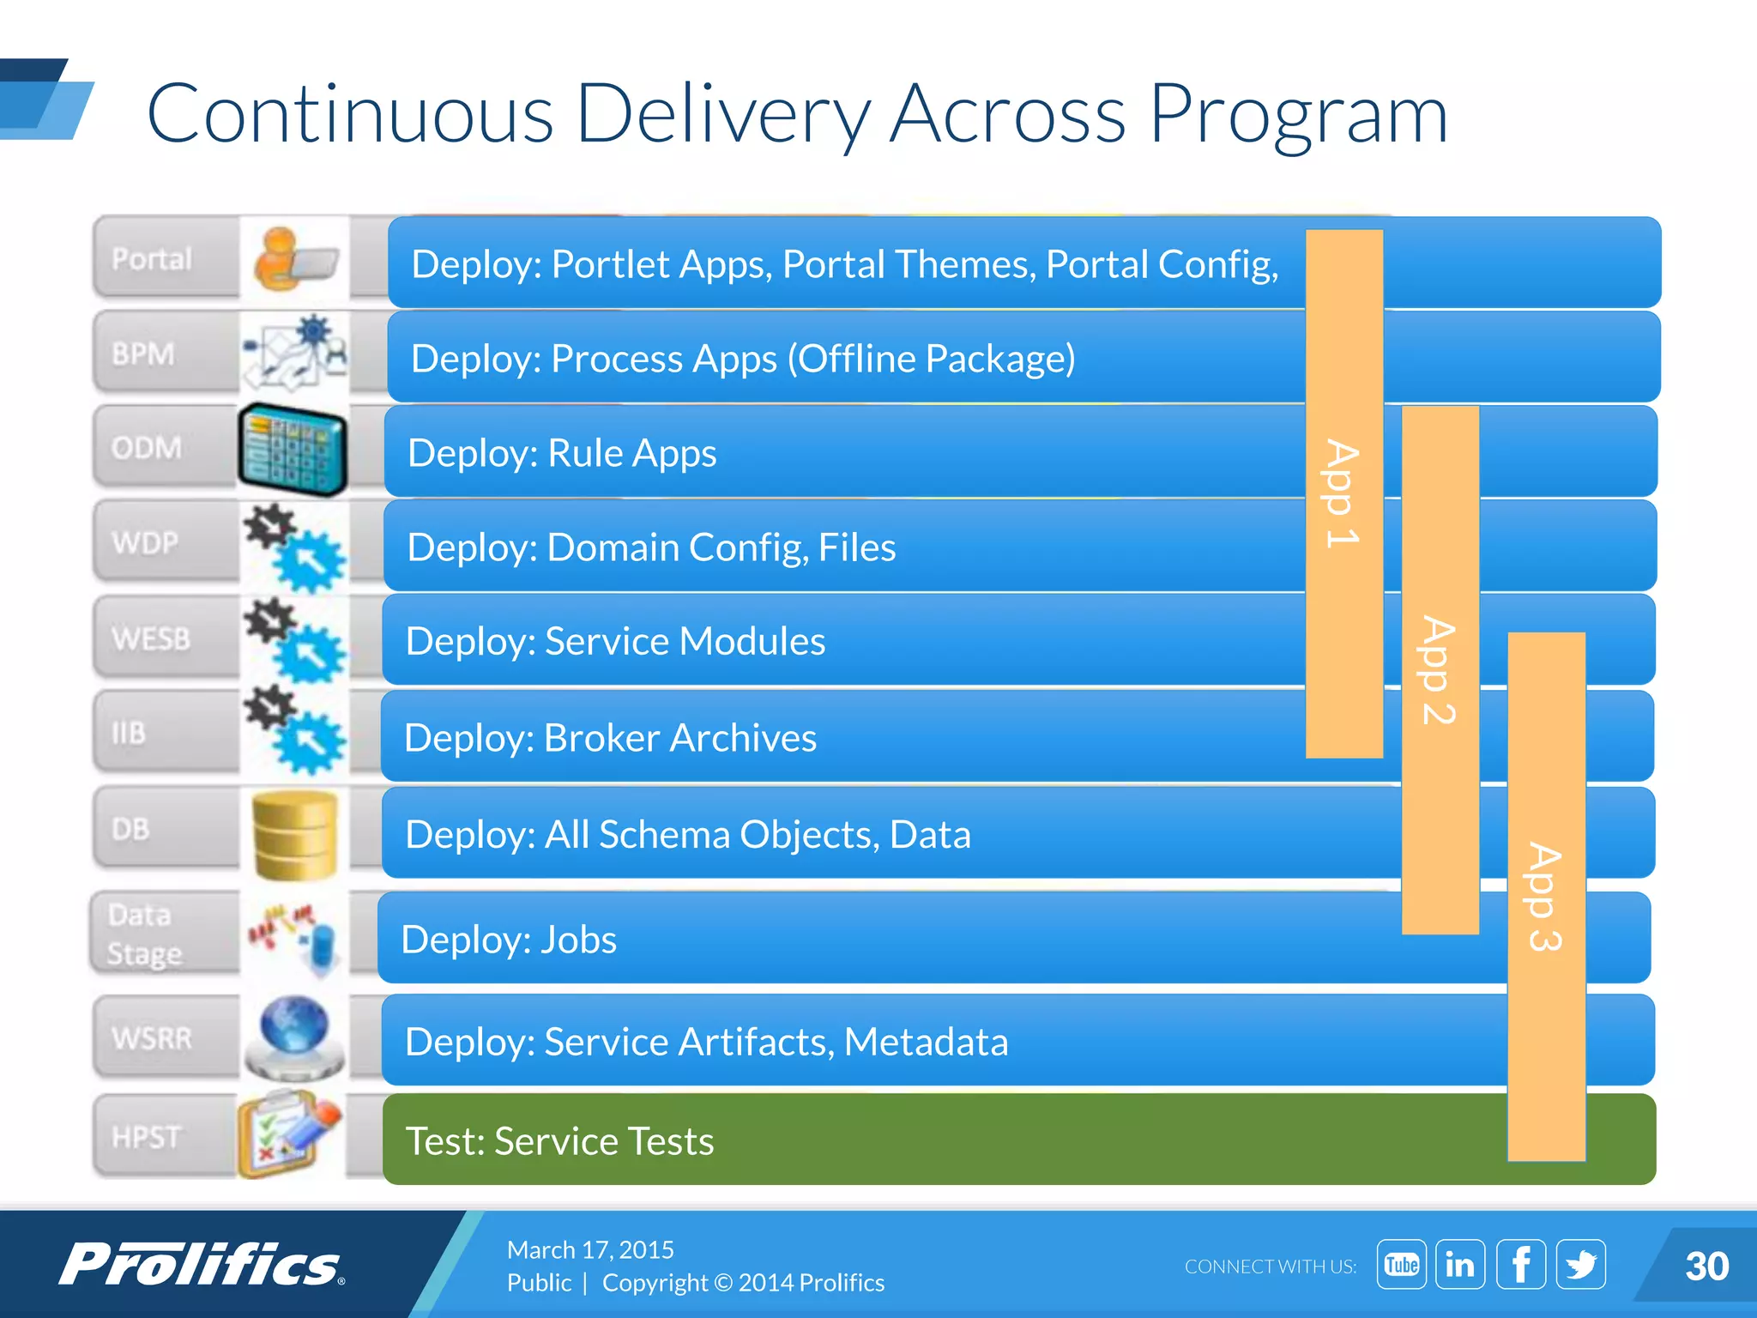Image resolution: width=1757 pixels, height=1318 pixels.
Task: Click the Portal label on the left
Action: point(152,258)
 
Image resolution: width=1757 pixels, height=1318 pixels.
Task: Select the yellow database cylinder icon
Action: point(295,835)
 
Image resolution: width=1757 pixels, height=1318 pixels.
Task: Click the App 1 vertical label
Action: point(1343,493)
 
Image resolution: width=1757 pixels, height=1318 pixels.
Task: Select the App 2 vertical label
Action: point(1439,669)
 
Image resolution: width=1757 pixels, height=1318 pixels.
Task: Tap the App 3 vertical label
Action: point(1545,897)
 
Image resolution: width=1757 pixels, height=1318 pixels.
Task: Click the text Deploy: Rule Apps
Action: point(562,453)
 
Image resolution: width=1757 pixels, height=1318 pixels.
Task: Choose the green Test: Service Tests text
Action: point(559,1141)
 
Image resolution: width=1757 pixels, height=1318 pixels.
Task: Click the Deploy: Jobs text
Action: point(509,940)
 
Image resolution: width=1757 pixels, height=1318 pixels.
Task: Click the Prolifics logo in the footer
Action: point(202,1264)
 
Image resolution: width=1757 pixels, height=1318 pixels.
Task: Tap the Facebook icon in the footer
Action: point(1520,1264)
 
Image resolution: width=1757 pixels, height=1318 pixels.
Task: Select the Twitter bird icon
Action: point(1580,1264)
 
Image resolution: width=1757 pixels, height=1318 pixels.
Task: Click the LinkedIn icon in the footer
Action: point(1459,1264)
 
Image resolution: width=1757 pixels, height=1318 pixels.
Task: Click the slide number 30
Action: point(1706,1267)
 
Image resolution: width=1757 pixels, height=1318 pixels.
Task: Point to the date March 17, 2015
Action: point(590,1249)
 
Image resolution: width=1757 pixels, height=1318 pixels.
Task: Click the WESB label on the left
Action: point(151,639)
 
